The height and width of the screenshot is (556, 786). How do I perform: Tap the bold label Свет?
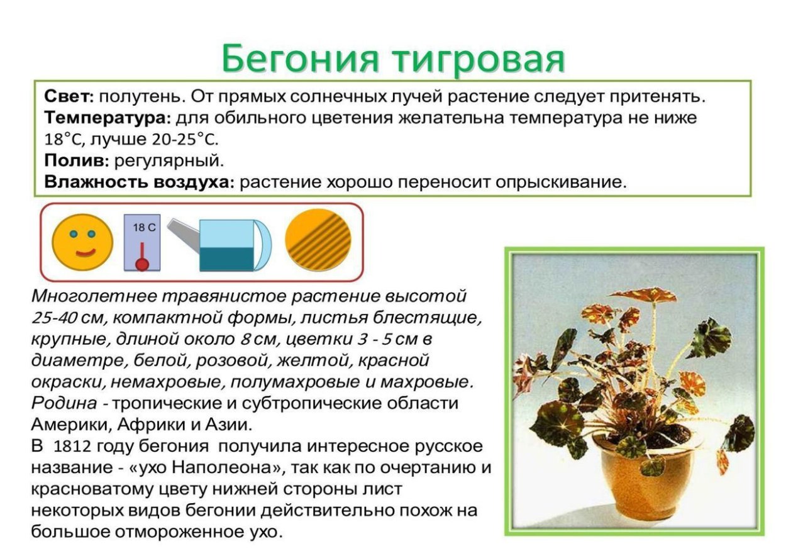(69, 97)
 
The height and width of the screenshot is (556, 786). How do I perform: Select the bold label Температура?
(106, 118)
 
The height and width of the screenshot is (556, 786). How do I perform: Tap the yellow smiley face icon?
(82, 242)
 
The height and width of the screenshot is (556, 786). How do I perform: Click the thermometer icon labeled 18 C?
(142, 243)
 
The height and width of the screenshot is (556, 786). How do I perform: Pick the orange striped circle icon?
(318, 240)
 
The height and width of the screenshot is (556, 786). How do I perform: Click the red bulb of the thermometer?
(143, 264)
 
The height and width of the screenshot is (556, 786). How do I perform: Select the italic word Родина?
(64, 403)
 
